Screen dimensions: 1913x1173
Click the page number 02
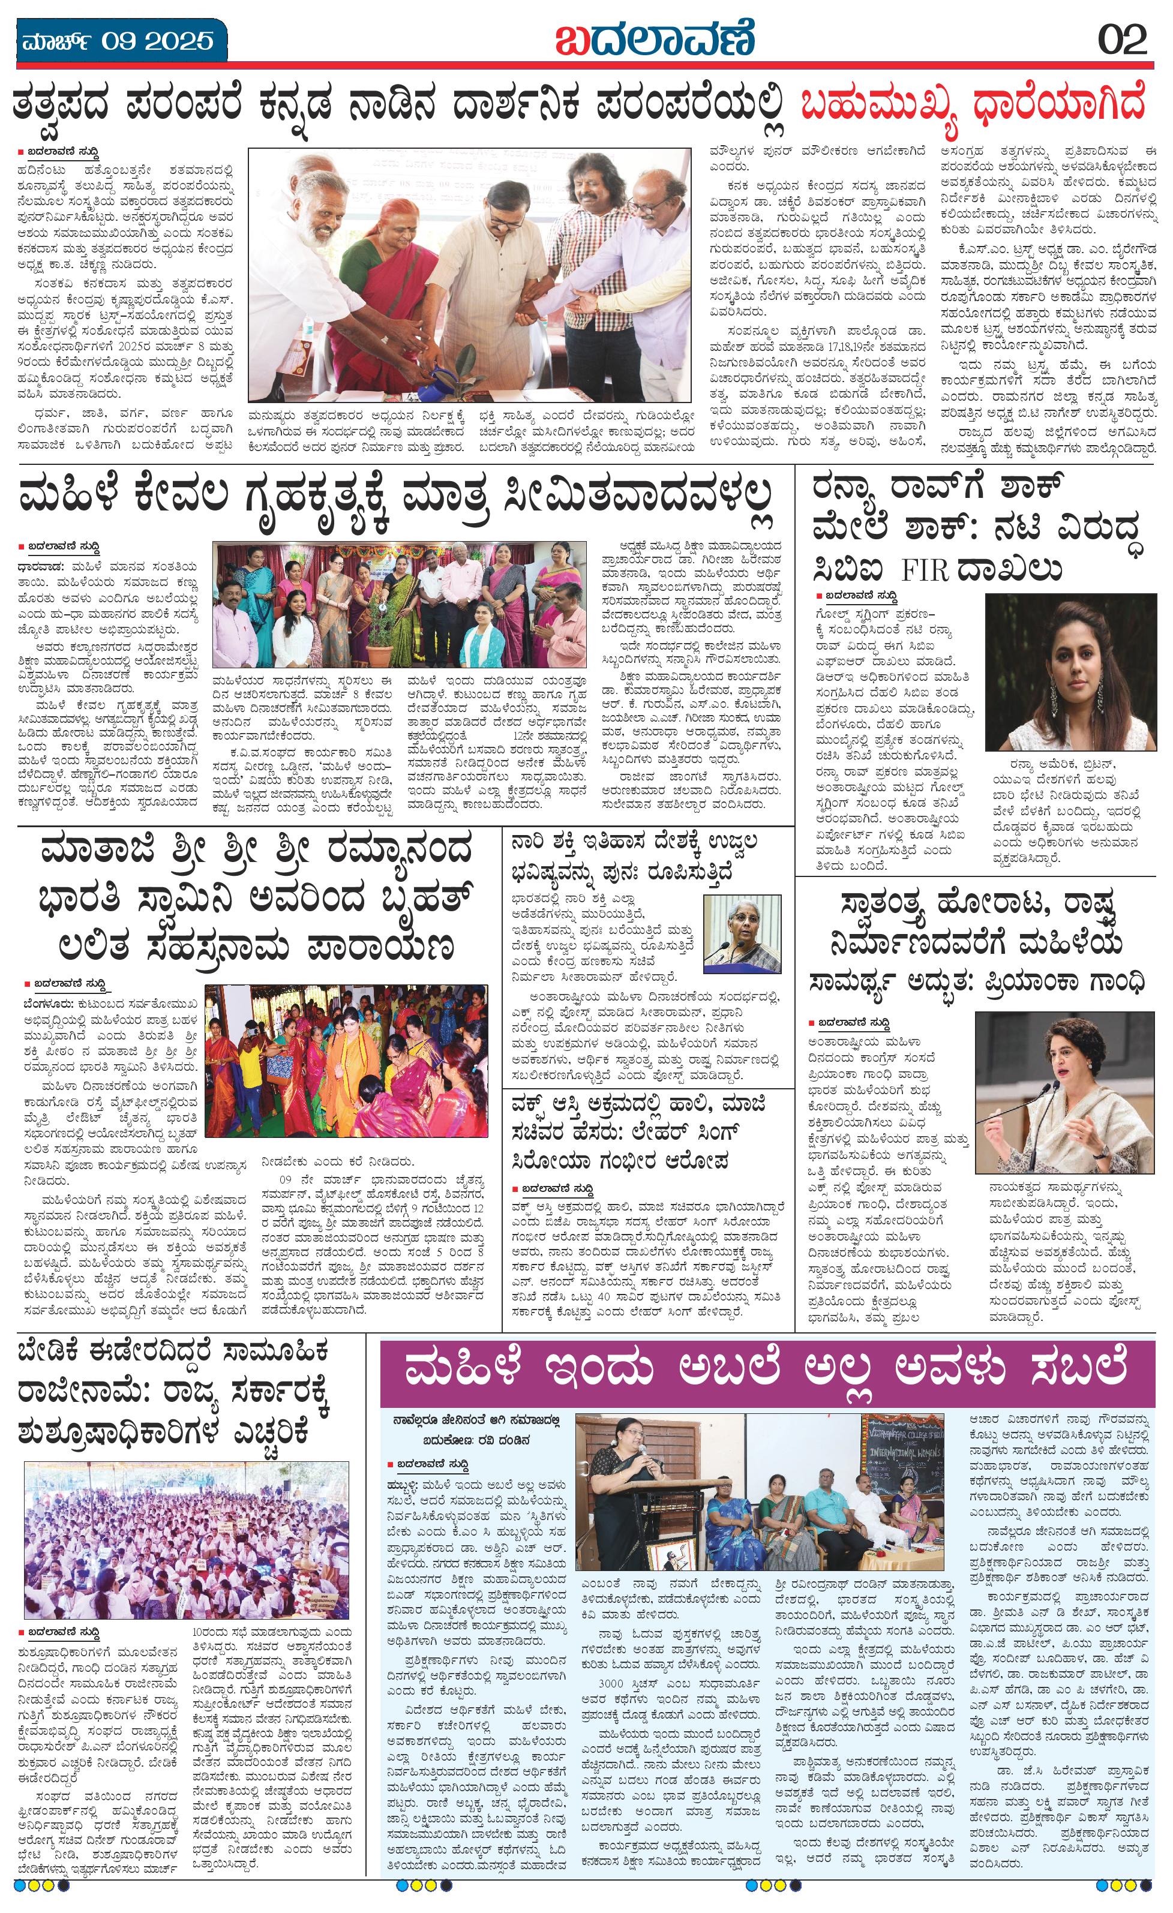pyautogui.click(x=1122, y=39)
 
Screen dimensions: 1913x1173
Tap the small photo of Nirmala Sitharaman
pyautogui.click(x=742, y=933)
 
